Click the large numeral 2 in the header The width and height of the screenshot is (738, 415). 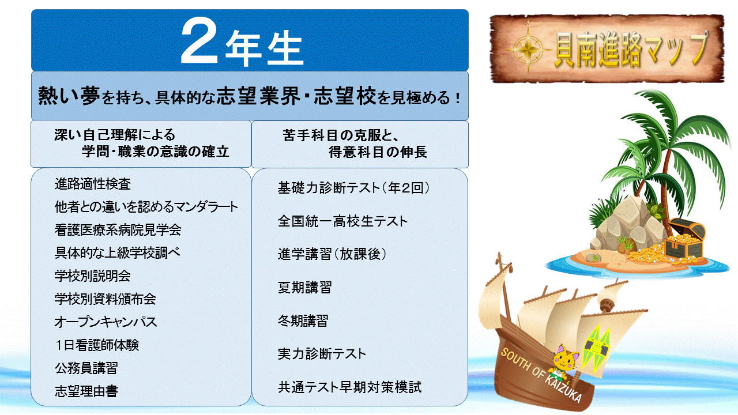pos(199,40)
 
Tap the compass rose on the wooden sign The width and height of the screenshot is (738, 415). pos(528,50)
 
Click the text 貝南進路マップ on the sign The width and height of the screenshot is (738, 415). pos(630,49)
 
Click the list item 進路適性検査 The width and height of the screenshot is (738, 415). pos(93,184)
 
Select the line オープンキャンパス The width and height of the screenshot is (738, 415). pos(106,322)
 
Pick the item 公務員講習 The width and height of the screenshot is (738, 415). pos(86,368)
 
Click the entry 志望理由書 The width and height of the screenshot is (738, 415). pos(86,391)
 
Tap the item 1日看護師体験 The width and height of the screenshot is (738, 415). pos(97,345)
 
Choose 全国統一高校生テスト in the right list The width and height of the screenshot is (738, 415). pos(342,221)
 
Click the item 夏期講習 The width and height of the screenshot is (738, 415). pos(304,287)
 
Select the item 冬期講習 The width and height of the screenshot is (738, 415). pos(303,320)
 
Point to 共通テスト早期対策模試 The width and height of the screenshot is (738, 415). pos(349,387)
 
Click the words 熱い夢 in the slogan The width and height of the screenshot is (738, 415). pos(69,96)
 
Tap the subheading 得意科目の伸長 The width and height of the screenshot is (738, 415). pos(378,152)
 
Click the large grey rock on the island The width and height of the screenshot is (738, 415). pos(626,224)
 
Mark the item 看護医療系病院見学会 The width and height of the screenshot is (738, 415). pos(118,229)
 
